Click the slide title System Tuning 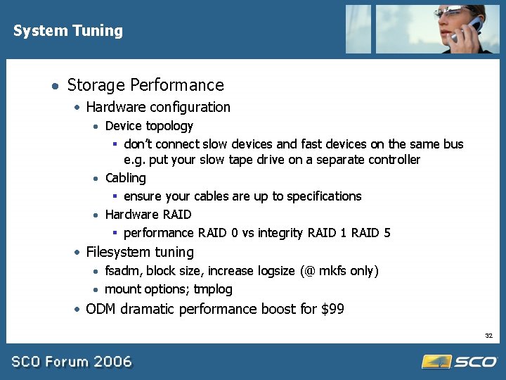coord(67,31)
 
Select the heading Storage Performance coord(145,86)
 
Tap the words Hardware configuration coord(158,108)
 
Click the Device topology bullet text coord(149,126)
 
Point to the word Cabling coord(126,178)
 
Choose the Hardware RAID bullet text coord(148,215)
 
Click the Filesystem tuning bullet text coord(140,252)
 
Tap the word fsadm coord(122,271)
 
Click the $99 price coord(330,309)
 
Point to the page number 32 coord(488,336)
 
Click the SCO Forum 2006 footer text coord(71,362)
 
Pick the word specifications coord(326,196)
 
